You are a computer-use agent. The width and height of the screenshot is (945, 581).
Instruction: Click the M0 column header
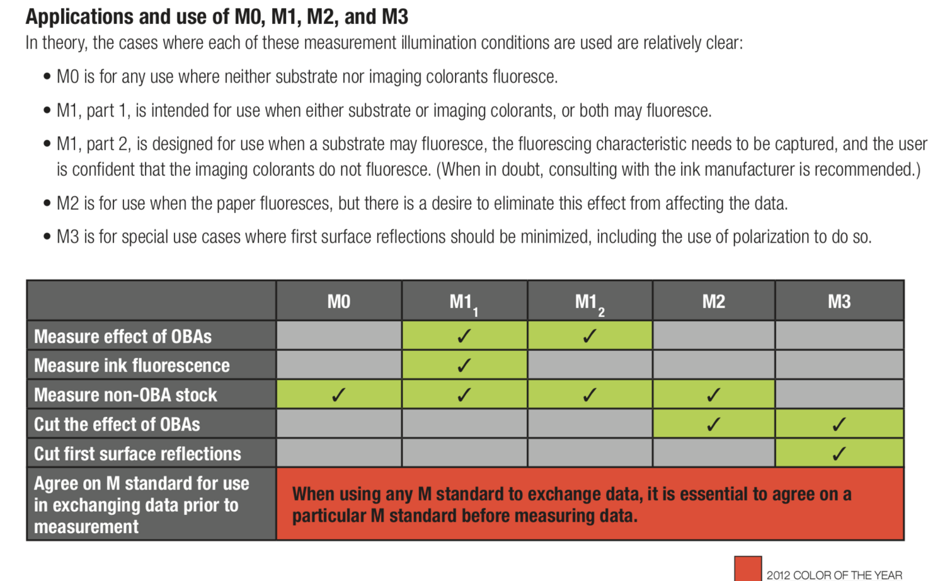pos(338,302)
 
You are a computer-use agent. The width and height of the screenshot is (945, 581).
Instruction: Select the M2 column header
pos(713,302)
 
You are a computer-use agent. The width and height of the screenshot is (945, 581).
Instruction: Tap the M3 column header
pos(839,302)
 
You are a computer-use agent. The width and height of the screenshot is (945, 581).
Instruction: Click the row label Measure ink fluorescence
pos(132,365)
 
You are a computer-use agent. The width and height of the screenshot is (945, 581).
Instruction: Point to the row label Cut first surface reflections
pos(137,454)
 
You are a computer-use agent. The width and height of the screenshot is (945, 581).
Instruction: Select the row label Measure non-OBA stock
pos(125,395)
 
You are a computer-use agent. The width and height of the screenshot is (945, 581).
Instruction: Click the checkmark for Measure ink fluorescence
pos(464,365)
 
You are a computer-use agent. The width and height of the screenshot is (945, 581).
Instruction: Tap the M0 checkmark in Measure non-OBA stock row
pos(338,395)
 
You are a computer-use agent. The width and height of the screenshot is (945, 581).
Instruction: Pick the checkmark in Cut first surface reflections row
pos(839,454)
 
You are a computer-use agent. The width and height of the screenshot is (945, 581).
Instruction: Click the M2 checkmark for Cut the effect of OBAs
pos(713,424)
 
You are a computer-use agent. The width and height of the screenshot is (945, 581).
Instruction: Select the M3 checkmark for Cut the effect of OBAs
pos(839,424)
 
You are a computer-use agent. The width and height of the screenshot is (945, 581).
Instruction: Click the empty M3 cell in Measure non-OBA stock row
pos(839,395)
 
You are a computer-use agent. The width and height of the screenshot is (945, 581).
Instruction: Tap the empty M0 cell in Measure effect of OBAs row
pos(338,336)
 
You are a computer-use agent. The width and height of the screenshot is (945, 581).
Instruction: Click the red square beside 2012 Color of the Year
pos(748,568)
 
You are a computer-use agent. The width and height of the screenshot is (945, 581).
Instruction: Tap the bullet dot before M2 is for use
pos(47,204)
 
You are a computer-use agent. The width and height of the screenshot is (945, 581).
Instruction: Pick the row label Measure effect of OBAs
pos(123,337)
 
